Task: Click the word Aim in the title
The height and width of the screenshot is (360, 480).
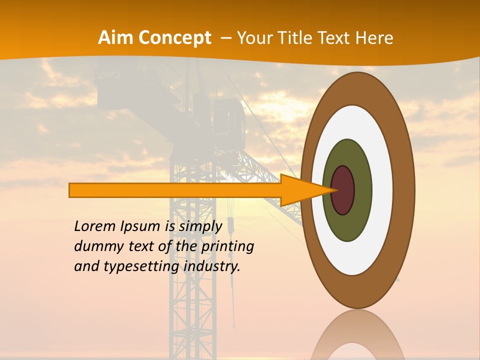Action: [x=115, y=38]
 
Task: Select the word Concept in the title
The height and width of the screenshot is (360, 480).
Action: [x=174, y=38]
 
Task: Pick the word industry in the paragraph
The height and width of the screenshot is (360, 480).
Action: [x=212, y=266]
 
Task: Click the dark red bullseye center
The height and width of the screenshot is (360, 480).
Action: [x=343, y=190]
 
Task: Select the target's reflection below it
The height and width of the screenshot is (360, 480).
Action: [x=358, y=335]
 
